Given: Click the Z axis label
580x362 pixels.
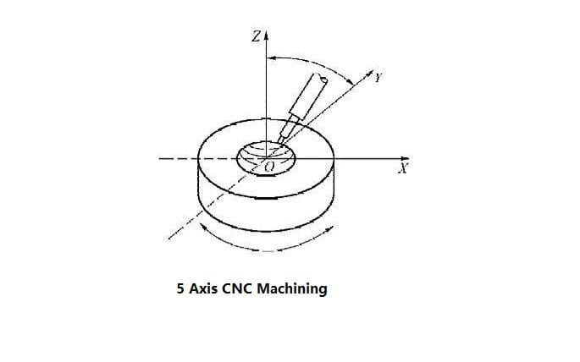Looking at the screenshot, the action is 257,36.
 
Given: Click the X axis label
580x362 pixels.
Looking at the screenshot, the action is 403,168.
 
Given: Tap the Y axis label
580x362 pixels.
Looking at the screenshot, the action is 378,77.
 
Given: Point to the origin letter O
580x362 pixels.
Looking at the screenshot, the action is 269,167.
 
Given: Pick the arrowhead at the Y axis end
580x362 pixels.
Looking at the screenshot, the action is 369,73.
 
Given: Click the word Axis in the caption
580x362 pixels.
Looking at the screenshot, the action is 203,288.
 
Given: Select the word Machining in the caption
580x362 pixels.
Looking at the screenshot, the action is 292,289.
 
